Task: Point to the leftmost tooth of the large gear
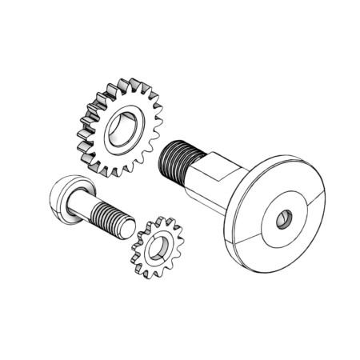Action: tap(81, 128)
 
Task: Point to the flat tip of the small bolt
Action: tap(128, 225)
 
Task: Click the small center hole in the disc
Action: tap(285, 218)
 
